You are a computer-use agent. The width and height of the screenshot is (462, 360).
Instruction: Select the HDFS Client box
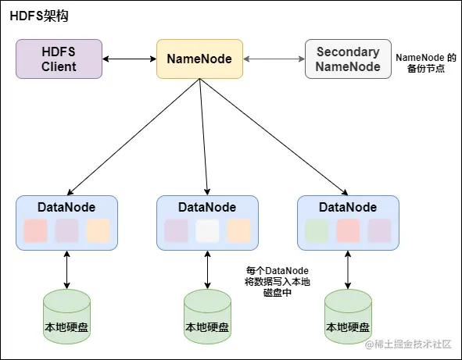59,59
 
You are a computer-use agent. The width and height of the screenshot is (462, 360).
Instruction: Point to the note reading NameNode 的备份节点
425,63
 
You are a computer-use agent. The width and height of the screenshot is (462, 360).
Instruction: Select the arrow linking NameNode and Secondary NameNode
273,59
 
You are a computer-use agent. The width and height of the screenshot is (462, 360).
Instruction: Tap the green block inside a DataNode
317,230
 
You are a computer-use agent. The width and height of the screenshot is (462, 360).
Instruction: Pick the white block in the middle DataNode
207,230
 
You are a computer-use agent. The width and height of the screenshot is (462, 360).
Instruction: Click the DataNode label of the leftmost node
66,207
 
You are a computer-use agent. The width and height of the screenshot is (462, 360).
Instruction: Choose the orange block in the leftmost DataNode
98,230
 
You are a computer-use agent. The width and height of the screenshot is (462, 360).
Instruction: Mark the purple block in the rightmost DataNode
379,230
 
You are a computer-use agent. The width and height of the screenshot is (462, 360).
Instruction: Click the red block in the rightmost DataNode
348,230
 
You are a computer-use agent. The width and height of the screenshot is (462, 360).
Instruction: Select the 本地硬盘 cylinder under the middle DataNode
207,316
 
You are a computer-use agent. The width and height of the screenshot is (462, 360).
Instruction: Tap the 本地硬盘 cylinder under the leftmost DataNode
66,316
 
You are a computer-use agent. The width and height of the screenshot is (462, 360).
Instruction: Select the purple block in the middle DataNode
176,230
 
